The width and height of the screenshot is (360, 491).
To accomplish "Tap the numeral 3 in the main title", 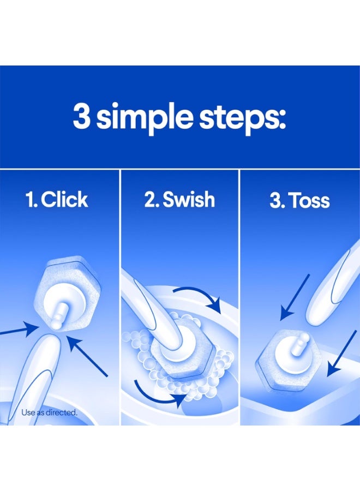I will [x=82, y=117].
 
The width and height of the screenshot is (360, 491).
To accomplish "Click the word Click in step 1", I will [x=64, y=200].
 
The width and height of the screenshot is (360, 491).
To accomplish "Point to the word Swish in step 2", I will [x=188, y=200].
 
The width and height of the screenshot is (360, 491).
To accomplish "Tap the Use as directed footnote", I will [x=49, y=412].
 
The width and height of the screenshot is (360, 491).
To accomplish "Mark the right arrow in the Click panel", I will [x=90, y=357].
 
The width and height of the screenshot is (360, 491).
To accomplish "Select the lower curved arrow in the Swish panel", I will [x=158, y=390].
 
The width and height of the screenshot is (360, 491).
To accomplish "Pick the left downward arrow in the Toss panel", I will [x=295, y=297].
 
